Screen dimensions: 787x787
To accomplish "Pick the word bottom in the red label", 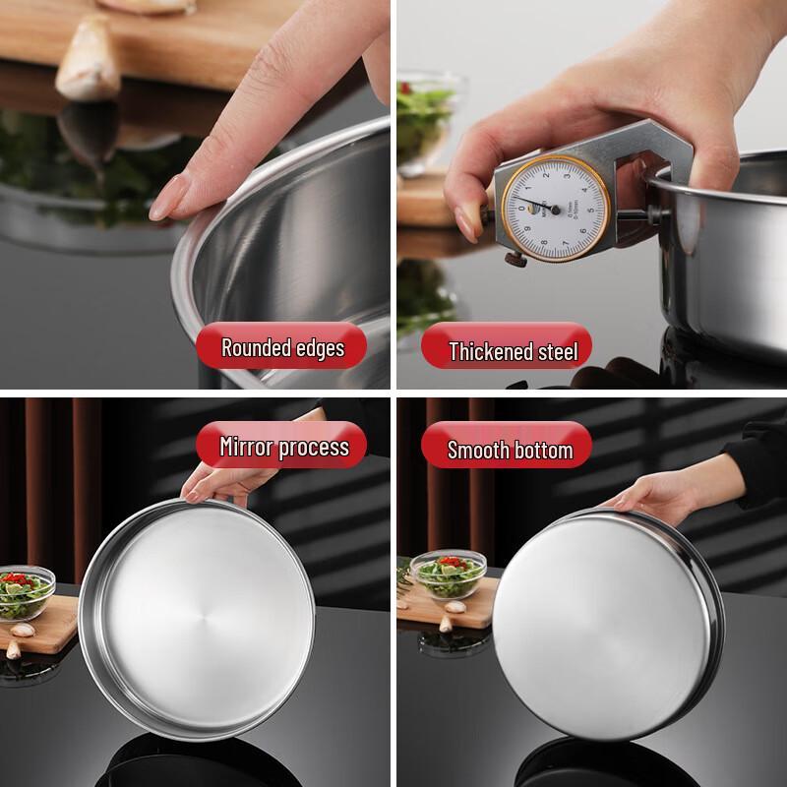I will (x=542, y=451).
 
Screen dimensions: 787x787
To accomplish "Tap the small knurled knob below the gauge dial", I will (x=514, y=258).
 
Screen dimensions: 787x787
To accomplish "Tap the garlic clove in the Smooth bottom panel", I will (x=454, y=622).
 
